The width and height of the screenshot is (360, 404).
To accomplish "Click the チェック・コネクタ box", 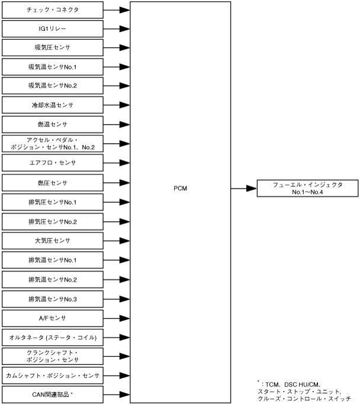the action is [52, 10].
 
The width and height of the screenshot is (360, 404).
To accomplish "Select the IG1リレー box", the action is [52, 28].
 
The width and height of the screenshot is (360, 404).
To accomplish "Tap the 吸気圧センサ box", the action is [52, 47].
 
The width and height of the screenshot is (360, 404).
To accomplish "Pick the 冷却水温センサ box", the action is [52, 105].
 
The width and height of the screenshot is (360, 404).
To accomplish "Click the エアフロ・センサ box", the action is [52, 162].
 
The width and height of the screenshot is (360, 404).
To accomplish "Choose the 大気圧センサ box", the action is [52, 241].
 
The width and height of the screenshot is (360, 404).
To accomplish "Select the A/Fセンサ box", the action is [52, 318].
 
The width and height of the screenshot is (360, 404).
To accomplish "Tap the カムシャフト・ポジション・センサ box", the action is [52, 375].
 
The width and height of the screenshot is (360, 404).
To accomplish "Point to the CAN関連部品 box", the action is [52, 394].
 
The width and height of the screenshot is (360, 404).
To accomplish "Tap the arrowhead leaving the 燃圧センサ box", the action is [124, 183].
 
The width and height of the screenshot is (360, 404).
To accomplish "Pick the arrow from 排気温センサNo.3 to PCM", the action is [116, 299].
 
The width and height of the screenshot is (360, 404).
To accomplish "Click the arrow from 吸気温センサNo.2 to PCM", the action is [116, 86].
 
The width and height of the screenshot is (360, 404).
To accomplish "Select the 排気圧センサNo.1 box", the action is [52, 202].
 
